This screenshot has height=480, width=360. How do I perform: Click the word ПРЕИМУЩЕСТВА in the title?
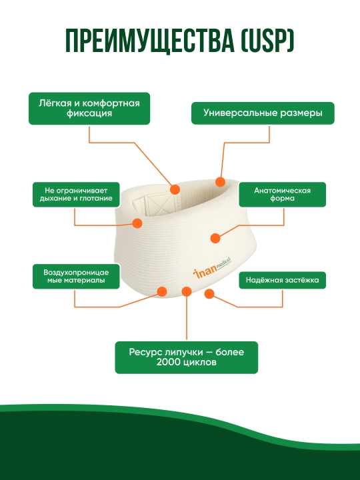150,41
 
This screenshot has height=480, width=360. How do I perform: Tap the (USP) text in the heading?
268,41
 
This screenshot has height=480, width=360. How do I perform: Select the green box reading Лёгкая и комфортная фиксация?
89,109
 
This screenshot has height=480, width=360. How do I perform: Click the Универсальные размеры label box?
263,113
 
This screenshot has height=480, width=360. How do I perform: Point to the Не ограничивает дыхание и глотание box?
76,195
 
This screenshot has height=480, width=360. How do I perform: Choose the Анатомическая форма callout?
282,195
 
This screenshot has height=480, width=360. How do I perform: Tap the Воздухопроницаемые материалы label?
76,276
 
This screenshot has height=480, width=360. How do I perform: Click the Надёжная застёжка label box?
282,280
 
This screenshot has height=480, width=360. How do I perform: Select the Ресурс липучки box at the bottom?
187,357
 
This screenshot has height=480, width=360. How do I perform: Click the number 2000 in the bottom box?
167,363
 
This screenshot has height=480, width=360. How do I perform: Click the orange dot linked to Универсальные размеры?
221,182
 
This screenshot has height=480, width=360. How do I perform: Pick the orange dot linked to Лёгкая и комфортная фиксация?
175,189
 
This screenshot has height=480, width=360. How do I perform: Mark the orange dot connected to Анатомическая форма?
215,238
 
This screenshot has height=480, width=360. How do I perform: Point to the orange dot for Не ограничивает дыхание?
137,223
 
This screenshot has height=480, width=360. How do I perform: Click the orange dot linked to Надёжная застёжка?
209,294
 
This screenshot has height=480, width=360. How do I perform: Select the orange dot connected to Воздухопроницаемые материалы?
162,291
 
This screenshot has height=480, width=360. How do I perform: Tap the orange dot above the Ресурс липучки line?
187,291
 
